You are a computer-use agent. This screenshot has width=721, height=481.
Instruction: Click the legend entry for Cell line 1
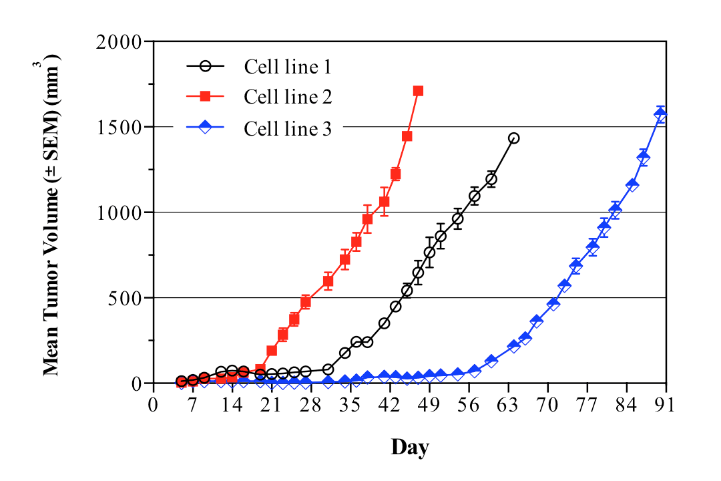[288, 67]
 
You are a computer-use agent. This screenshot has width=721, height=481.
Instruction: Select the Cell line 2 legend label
[288, 98]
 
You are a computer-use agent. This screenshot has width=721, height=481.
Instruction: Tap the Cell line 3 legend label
[288, 128]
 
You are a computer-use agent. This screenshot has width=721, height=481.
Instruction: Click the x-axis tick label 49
[429, 406]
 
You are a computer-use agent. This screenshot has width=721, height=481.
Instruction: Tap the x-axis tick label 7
[193, 406]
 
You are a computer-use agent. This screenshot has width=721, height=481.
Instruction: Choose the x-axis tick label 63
[508, 406]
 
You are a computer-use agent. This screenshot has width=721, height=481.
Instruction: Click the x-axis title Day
[409, 446]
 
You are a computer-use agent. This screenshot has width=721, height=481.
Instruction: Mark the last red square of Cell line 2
[418, 91]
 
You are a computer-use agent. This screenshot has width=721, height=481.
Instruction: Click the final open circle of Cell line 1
[513, 138]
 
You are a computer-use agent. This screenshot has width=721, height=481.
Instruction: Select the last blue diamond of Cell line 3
[661, 114]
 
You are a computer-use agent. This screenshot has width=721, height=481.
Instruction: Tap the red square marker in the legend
[207, 98]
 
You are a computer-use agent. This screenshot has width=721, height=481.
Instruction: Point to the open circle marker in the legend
[207, 67]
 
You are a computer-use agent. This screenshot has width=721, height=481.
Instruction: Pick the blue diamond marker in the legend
[207, 127]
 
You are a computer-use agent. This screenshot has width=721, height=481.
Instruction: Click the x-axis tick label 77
[587, 406]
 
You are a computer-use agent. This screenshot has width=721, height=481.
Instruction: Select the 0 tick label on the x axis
[154, 406]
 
